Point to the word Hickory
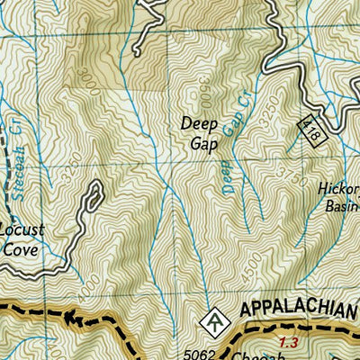(x=338, y=190)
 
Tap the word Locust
(x=20, y=230)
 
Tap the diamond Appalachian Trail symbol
(x=213, y=319)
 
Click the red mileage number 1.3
(x=288, y=342)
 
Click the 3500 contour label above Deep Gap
(x=204, y=90)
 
